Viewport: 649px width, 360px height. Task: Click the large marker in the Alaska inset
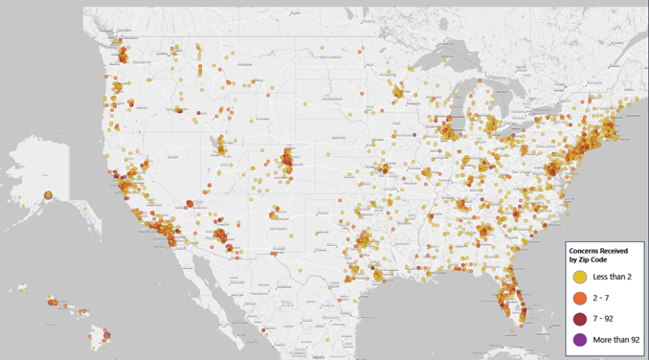(48, 196)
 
